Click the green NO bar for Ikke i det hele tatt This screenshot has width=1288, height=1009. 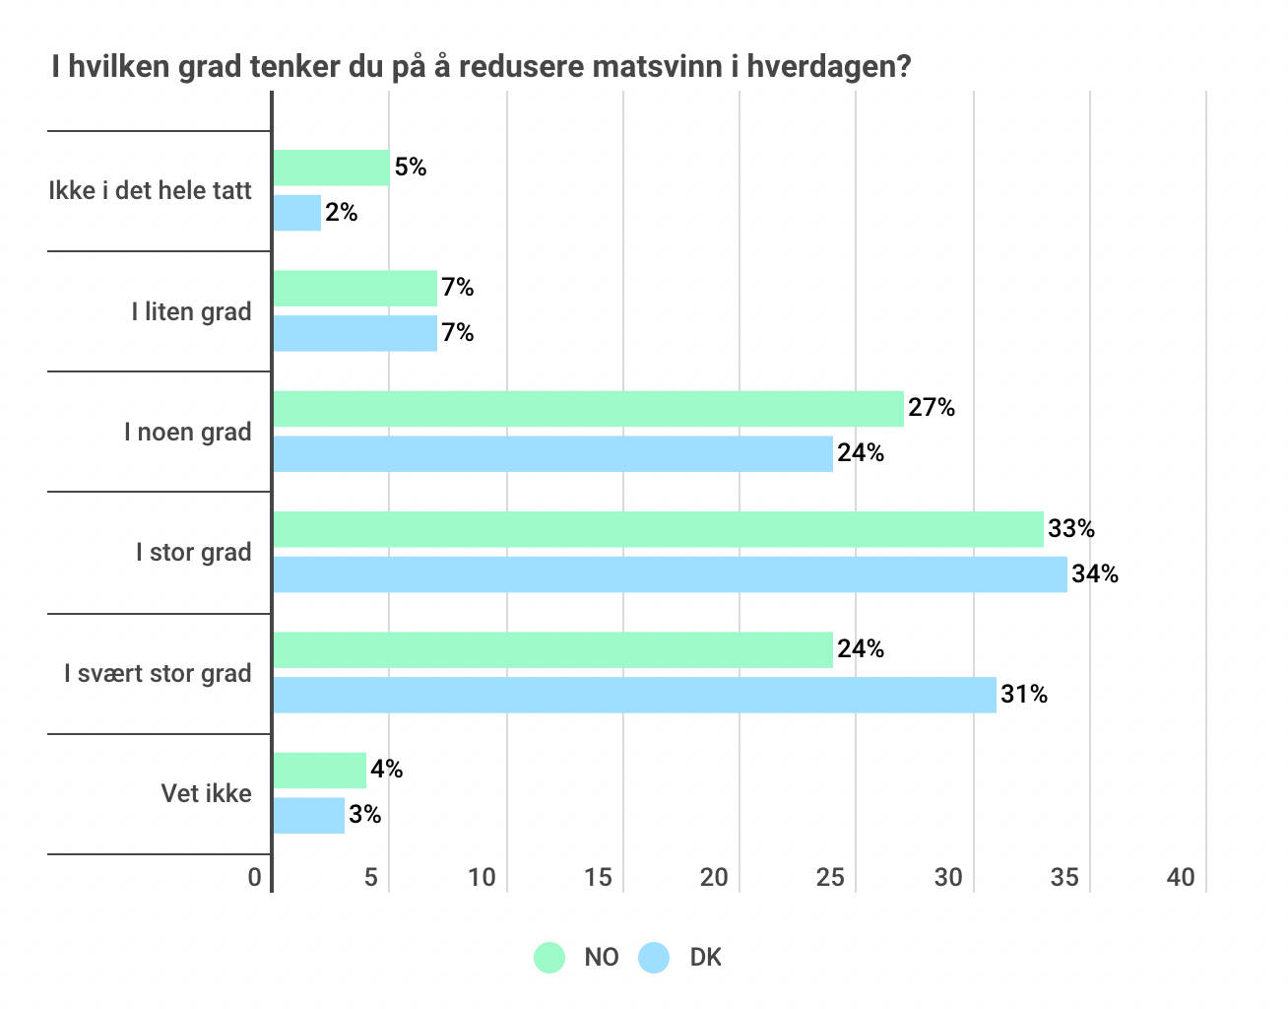(331, 168)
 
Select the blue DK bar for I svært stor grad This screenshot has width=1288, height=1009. (634, 695)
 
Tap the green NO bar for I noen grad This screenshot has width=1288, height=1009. (588, 409)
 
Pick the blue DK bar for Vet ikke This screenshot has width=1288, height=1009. (308, 816)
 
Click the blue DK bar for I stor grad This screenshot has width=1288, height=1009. (670, 574)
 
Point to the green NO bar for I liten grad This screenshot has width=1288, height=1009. (354, 289)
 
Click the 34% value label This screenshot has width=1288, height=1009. (1095, 574)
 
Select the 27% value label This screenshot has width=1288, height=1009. (932, 408)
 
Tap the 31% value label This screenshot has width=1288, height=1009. (1024, 695)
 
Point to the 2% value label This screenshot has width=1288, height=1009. (342, 213)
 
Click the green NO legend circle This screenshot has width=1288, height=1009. (549, 957)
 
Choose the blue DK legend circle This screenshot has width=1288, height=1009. (654, 957)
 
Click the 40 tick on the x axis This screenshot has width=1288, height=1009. (1181, 878)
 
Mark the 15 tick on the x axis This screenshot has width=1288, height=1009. (598, 878)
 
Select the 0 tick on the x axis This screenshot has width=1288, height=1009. (255, 878)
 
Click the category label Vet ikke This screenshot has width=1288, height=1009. (206, 794)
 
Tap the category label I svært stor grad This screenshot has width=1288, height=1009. (158, 674)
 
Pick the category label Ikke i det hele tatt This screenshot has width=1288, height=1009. (150, 191)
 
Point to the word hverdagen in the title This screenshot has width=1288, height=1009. (828, 67)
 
